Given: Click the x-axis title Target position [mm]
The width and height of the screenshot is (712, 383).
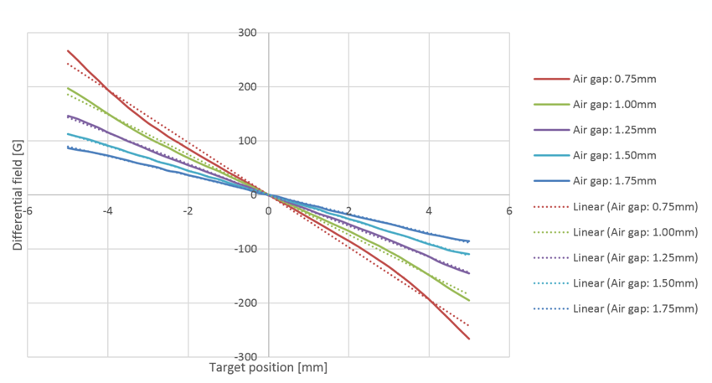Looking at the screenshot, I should pos(268,367).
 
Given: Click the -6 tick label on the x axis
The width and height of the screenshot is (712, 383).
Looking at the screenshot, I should pos(27,210).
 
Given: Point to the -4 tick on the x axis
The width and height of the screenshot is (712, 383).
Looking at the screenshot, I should pos(107,210).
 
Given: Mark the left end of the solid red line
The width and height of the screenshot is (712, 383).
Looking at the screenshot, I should pos(68,50).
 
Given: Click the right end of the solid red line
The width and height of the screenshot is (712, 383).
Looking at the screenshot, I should pos(469,339).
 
